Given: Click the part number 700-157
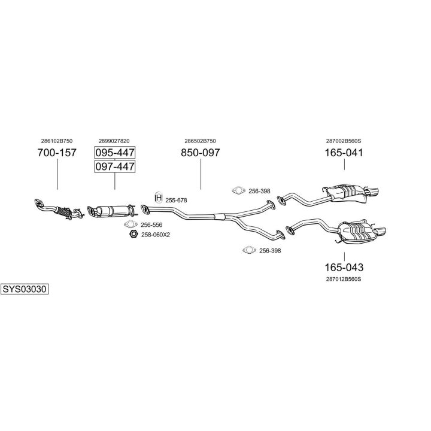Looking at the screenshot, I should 57,153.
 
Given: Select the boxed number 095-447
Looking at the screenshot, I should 115,152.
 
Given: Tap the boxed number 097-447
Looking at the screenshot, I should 115,166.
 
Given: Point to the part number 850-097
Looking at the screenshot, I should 200,153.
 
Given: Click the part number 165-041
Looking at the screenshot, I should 344,153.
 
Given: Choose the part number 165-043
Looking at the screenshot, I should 344,267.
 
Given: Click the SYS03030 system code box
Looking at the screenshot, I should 25,289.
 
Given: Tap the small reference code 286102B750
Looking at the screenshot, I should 57,141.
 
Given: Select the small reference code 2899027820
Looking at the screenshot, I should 114,141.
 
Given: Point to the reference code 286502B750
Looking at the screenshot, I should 200,141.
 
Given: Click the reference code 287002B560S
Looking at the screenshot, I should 344,141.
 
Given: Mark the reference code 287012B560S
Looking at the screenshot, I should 344,279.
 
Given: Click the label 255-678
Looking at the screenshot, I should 177,200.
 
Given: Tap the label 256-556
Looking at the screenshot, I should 151,224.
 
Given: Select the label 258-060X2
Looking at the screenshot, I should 156,235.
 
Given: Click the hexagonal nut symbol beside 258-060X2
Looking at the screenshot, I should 133,234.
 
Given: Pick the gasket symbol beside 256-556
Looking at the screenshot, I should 131,224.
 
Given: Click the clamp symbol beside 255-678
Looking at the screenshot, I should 159,198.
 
